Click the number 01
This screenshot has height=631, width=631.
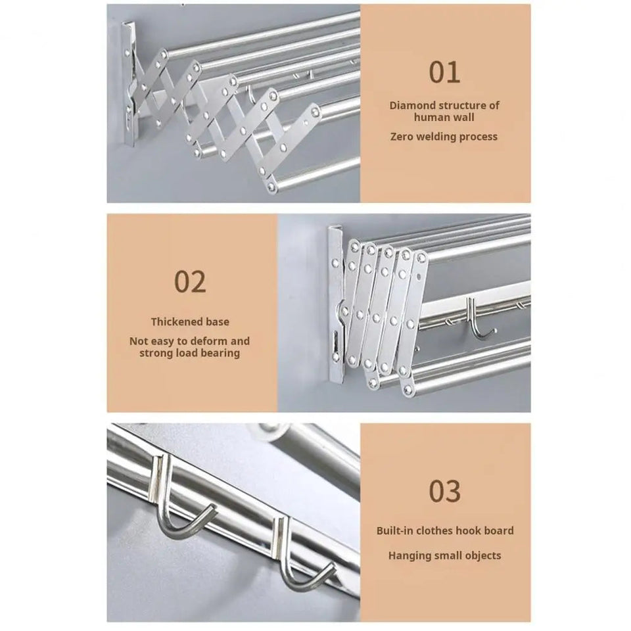click(445, 72)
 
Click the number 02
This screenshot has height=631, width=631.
click(190, 281)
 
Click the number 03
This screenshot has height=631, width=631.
click(445, 491)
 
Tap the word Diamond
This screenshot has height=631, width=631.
click(412, 105)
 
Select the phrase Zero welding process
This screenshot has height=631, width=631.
click(445, 137)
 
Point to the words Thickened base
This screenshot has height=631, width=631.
click(190, 322)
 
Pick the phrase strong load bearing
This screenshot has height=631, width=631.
click(190, 353)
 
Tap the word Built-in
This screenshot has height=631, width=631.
click(396, 530)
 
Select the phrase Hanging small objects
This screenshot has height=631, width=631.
click(445, 555)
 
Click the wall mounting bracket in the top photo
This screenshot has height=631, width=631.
click(128, 82)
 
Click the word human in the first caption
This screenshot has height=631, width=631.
click(429, 117)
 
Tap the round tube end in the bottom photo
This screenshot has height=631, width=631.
click(273, 434)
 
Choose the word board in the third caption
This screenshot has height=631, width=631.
click(500, 530)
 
